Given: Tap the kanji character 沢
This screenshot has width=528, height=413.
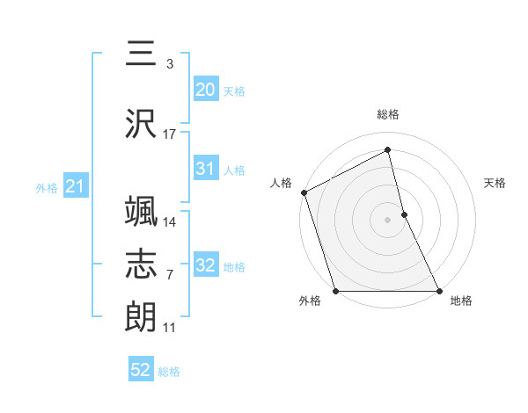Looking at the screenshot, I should [x=141, y=123].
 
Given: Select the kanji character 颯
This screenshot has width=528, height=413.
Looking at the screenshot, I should [x=141, y=212].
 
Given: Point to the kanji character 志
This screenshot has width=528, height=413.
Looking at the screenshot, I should [x=141, y=264].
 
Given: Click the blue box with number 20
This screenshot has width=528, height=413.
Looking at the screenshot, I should [x=205, y=89].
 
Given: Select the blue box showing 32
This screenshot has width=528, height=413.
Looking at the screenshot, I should [x=205, y=265].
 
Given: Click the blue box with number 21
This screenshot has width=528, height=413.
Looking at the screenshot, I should [x=75, y=186].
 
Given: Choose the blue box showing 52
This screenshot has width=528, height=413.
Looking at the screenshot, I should [x=141, y=370].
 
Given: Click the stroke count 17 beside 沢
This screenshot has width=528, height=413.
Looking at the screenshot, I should [x=170, y=134].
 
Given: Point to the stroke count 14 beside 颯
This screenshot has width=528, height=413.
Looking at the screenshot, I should [x=170, y=221].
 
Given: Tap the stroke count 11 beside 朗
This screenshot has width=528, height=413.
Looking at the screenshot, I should [x=170, y=328].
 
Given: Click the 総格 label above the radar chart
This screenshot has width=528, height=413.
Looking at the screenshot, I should [x=388, y=114].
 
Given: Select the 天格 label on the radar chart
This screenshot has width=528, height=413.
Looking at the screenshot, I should [x=495, y=183].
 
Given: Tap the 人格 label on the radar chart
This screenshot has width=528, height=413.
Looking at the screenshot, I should [x=282, y=183].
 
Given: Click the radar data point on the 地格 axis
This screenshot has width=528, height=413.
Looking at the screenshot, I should [x=438, y=290].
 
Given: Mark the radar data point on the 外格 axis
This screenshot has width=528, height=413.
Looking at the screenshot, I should [x=335, y=290].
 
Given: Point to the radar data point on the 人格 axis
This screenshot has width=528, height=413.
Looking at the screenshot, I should [x=304, y=192].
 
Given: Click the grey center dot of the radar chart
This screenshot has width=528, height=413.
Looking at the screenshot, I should [x=387, y=219].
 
